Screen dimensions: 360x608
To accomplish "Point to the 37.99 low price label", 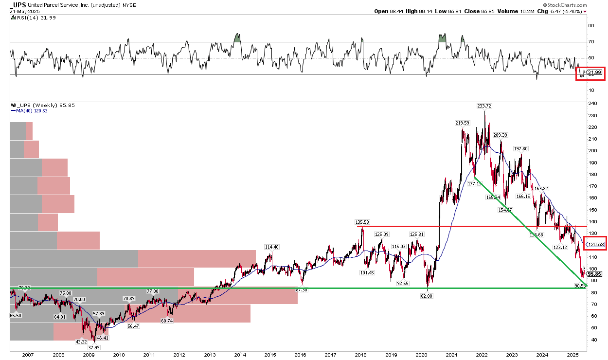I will tap(93, 347).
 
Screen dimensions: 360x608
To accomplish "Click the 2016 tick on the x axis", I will tap(300, 355).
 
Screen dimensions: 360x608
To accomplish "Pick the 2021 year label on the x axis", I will tap(452, 355).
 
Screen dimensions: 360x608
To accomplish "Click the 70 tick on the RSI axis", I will tap(591, 42).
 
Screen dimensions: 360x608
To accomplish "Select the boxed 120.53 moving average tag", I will tap(596, 244).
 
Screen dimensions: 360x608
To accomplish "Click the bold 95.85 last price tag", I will tap(595, 274).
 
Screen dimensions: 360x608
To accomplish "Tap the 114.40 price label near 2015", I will tap(271, 247).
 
